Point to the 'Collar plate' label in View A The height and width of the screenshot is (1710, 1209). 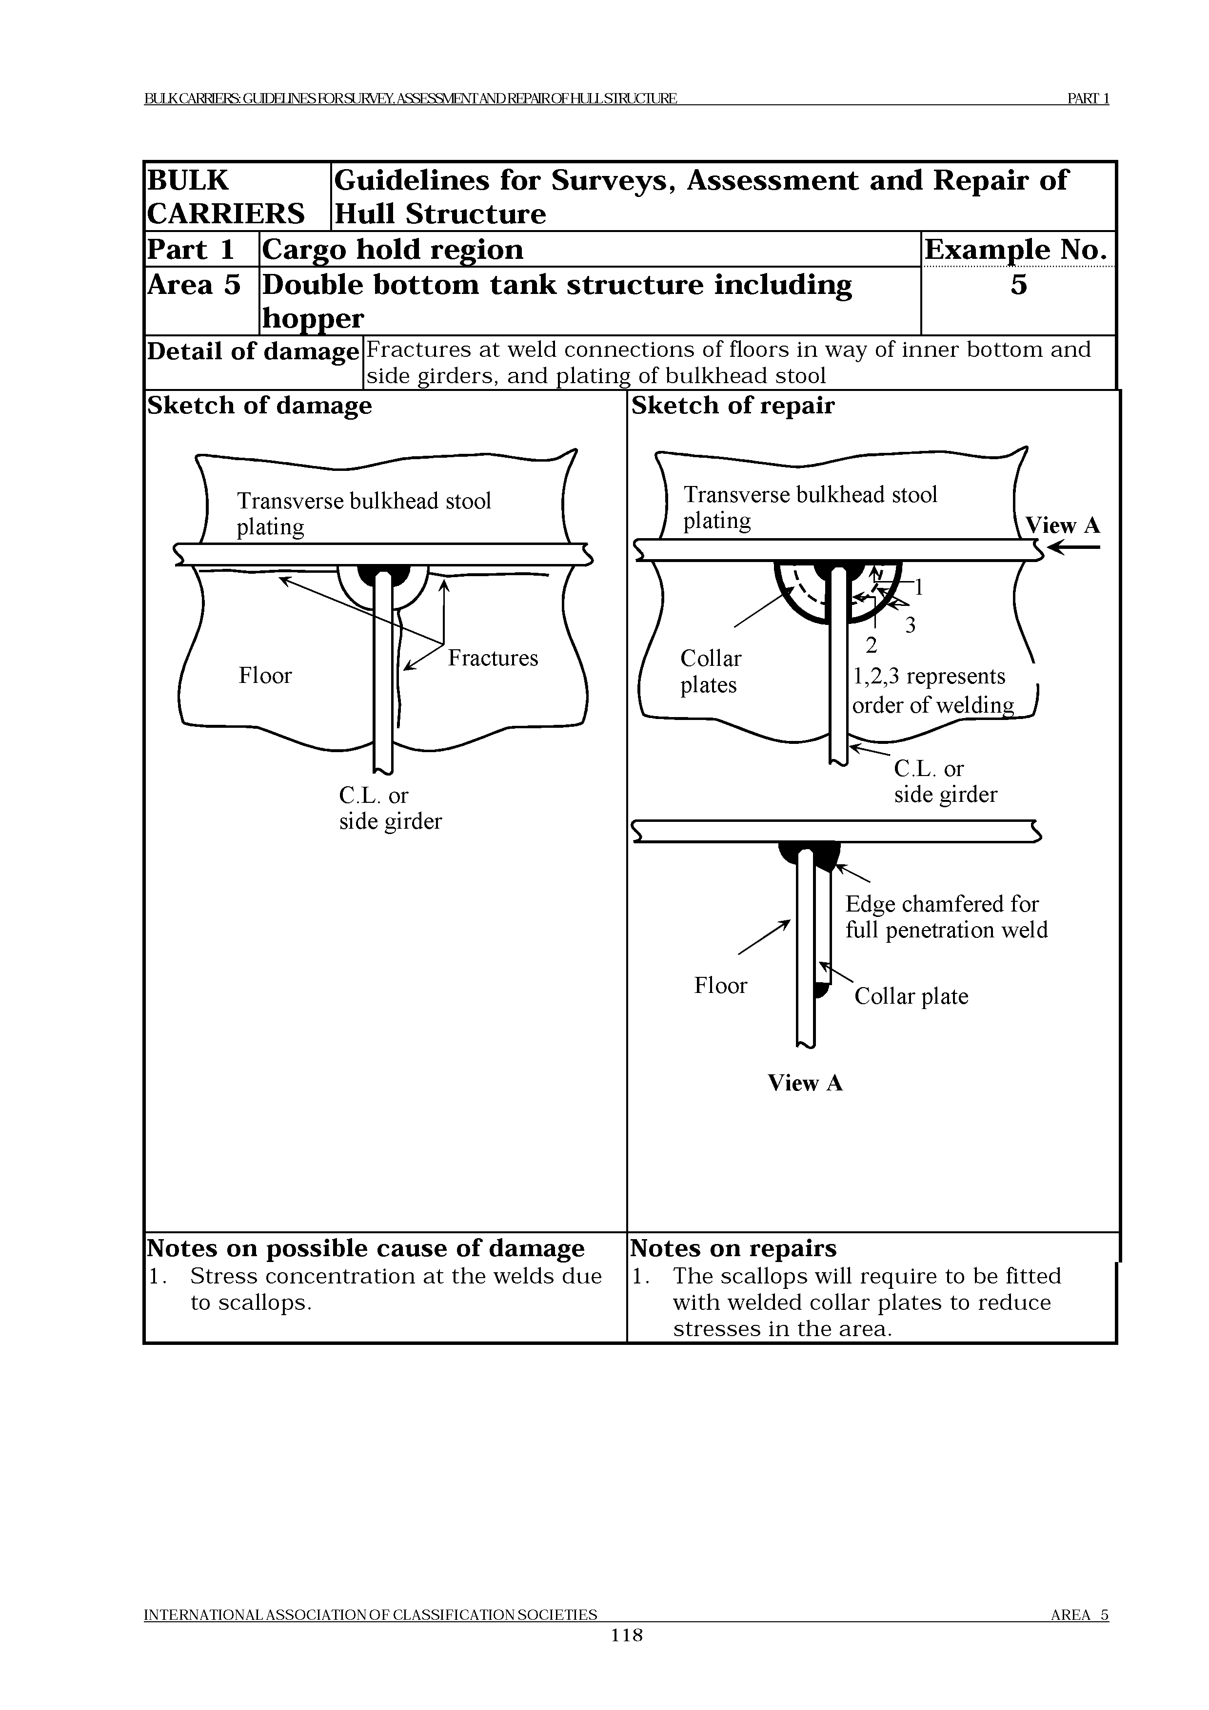[x=911, y=996]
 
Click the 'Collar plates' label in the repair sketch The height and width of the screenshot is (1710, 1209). [x=711, y=672]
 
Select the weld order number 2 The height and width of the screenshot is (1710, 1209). [x=871, y=645]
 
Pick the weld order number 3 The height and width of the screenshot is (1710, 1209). [x=910, y=625]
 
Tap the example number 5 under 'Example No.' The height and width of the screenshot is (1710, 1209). [x=1018, y=285]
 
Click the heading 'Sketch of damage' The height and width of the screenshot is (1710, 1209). [x=259, y=406]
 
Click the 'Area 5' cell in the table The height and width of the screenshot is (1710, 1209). [x=194, y=285]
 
